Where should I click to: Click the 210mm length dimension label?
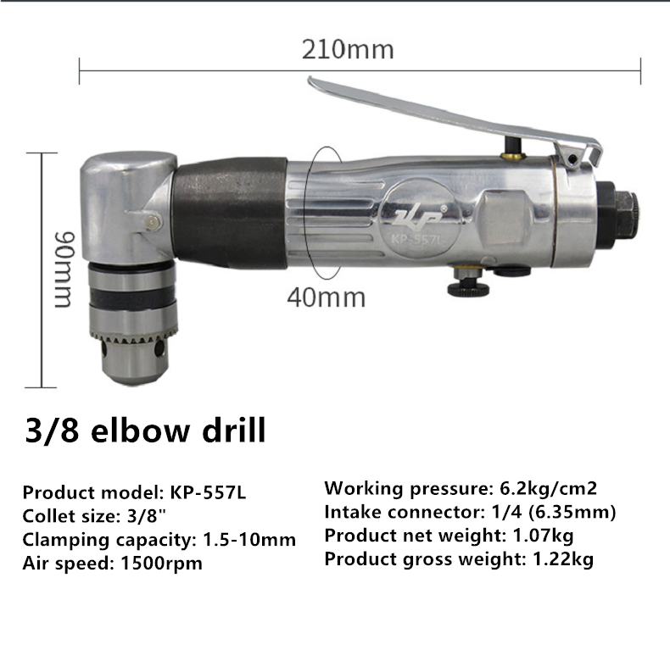coord(348,49)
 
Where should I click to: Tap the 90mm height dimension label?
coord(65,269)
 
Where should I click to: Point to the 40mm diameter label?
coord(326,297)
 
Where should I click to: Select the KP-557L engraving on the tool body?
coord(417,239)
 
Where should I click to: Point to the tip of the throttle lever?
coord(310,80)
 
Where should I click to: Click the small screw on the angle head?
coord(153,221)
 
